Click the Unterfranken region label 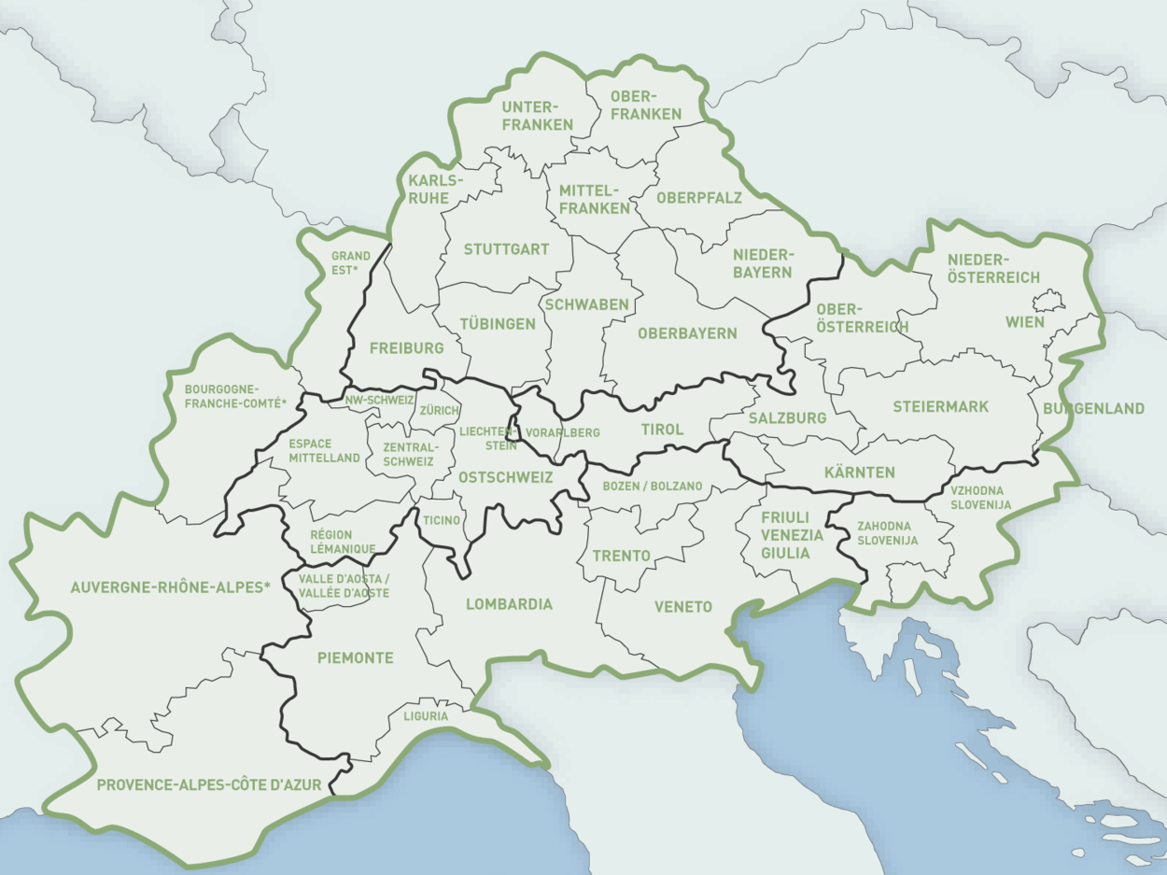pyautogui.click(x=537, y=115)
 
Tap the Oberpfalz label pyautogui.click(x=698, y=198)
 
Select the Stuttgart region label pyautogui.click(x=506, y=249)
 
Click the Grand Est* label pyautogui.click(x=351, y=262)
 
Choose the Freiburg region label pyautogui.click(x=406, y=348)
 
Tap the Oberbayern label pyautogui.click(x=687, y=333)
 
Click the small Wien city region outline pyautogui.click(x=1048, y=301)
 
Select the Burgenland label pyautogui.click(x=1093, y=408)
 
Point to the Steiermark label pyautogui.click(x=940, y=406)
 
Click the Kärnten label pyautogui.click(x=860, y=472)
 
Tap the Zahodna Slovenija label pyautogui.click(x=887, y=533)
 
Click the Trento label pyautogui.click(x=622, y=556)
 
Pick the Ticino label pyautogui.click(x=442, y=520)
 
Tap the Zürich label pyautogui.click(x=439, y=410)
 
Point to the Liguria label pyautogui.click(x=426, y=716)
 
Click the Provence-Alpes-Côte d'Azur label pyautogui.click(x=209, y=785)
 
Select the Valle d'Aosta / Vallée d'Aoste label pyautogui.click(x=344, y=586)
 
